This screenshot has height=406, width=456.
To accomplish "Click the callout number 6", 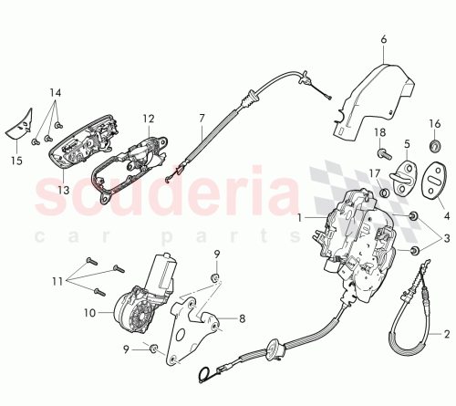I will [384, 38].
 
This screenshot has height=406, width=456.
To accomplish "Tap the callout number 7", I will [202, 118].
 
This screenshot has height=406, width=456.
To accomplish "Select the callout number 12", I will [148, 118].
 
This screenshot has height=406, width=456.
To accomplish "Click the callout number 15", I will [14, 160].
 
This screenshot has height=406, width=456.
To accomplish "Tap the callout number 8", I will [242, 319].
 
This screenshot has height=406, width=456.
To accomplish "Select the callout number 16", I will [435, 123].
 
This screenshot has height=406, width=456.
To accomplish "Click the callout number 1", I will [299, 218].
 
